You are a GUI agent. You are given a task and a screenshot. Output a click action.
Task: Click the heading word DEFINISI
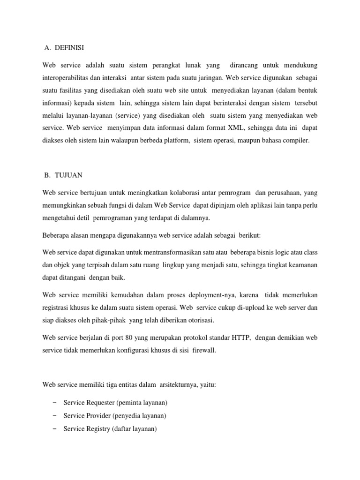70,47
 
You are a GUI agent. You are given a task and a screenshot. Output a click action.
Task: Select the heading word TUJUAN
68,175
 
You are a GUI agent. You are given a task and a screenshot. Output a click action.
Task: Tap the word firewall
203,350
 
